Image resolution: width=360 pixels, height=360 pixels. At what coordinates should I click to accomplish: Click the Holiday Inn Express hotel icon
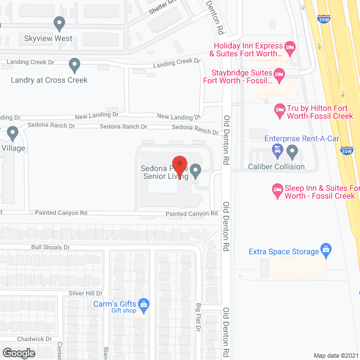coord(290,47)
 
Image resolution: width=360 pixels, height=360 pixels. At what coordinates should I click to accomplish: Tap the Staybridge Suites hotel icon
coord(278,73)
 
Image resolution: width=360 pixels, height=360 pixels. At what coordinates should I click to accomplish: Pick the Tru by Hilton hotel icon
coord(279,110)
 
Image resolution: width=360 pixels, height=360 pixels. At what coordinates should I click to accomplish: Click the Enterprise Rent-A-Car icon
coord(277,150)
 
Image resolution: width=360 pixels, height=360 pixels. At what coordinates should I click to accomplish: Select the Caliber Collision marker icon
coord(292,151)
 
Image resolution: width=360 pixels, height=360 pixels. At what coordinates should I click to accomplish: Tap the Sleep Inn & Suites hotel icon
coord(277,189)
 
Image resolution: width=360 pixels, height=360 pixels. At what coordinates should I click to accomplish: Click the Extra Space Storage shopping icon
coord(325,249)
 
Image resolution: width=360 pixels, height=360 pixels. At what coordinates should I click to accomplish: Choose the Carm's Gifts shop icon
coord(143,304)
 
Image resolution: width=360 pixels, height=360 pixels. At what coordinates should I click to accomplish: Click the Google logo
coord(19,353)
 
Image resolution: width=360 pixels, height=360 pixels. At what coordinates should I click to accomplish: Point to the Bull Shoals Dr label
coord(51,247)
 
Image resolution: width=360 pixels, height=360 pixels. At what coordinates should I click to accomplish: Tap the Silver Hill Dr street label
coord(85,293)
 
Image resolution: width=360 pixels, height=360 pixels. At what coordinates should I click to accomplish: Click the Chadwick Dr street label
coord(34,339)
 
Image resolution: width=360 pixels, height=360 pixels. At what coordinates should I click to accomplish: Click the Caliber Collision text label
coord(276,166)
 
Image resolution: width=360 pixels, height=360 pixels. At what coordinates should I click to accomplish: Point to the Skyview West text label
coord(48,39)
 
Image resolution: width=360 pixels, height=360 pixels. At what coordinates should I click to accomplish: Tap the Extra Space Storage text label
coord(284,251)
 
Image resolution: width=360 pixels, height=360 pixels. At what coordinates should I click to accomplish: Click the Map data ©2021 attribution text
coord(335,355)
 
